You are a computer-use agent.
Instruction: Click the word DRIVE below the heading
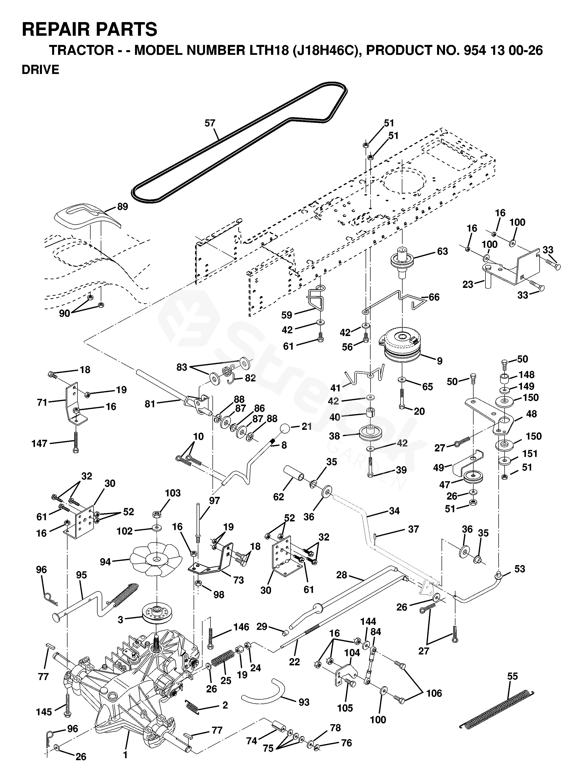[x=40, y=70]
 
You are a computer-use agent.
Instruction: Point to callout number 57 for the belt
[x=210, y=123]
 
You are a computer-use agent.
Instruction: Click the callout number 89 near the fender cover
[x=122, y=206]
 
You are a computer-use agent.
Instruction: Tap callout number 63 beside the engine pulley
[x=442, y=251]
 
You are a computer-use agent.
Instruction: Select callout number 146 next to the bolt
[x=241, y=627]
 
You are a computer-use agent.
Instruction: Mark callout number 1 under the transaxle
[x=125, y=755]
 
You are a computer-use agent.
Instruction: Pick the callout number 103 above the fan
[x=172, y=493]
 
